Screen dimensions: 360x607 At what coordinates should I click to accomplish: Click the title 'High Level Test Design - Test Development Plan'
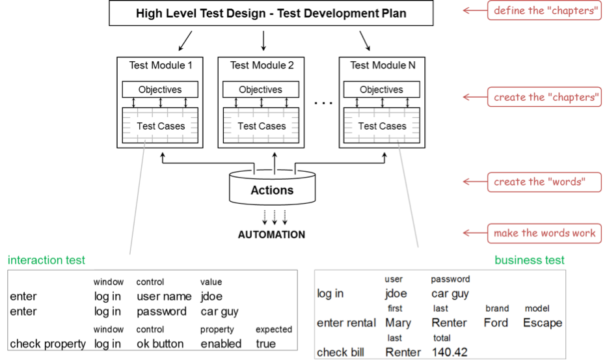[271, 13]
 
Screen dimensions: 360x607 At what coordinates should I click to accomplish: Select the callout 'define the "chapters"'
[545, 11]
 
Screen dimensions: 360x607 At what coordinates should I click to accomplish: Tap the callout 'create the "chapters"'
[545, 97]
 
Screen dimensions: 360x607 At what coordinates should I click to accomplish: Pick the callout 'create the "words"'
[537, 182]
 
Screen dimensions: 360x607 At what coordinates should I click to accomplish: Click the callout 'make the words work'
[545, 233]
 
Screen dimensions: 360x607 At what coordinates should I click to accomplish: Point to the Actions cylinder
[272, 188]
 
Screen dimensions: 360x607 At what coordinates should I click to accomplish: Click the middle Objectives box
[260, 90]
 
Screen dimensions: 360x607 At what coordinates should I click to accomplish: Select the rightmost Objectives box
[381, 90]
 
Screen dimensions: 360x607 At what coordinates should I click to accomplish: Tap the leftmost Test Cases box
[161, 126]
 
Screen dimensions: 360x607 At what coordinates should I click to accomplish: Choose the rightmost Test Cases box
[382, 126]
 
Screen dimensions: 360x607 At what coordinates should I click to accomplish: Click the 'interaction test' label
[47, 260]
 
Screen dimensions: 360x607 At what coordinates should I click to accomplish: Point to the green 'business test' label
[530, 260]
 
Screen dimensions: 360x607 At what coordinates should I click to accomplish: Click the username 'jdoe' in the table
[396, 294]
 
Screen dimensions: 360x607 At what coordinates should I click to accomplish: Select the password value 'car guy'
[450, 294]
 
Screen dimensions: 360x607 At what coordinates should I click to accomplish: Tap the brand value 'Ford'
[496, 323]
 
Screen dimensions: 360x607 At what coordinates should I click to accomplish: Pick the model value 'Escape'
[542, 323]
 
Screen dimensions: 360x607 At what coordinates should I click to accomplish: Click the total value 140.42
[449, 352]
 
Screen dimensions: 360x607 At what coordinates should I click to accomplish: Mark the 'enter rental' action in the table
[346, 323]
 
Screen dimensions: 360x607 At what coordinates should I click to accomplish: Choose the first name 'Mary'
[398, 323]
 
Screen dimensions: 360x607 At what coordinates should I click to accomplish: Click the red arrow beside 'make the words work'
[470, 233]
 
